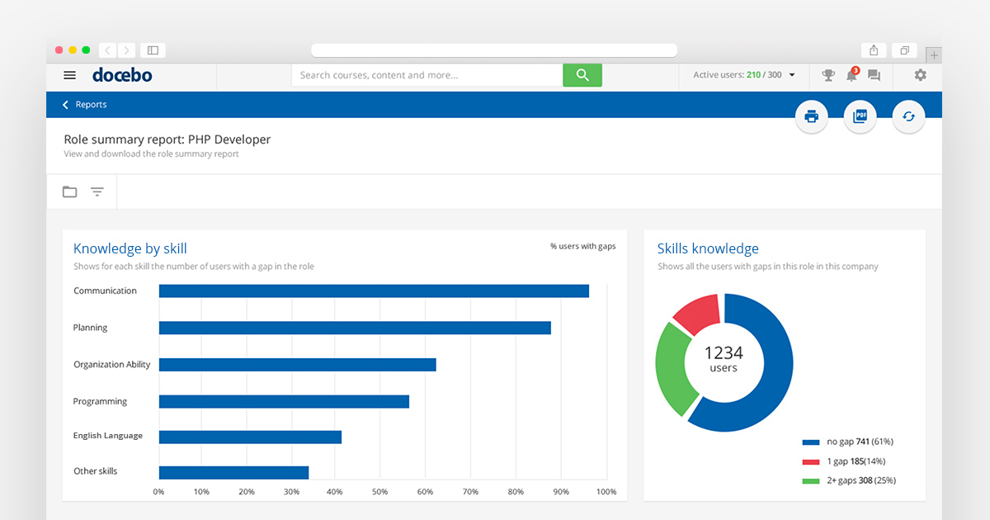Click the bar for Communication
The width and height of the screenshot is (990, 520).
coord(374,291)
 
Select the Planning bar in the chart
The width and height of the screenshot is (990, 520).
coord(355,328)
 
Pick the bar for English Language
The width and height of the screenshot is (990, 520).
coord(250,437)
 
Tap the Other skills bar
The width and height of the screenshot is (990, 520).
coord(233,473)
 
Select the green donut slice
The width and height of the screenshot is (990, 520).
coord(672,368)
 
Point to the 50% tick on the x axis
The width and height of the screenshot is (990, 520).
coord(379,492)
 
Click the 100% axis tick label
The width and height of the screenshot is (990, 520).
coord(606,492)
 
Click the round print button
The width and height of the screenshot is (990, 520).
coord(811,116)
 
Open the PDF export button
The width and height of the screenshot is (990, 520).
coord(860,116)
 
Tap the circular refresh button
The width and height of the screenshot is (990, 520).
coord(908,116)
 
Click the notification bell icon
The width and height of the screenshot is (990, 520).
coord(851,76)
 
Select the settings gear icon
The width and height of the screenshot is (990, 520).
coord(920,75)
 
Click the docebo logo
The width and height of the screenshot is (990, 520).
coord(122,75)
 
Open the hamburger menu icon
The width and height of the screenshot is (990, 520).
coord(70,75)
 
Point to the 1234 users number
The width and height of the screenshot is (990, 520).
coord(724,352)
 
